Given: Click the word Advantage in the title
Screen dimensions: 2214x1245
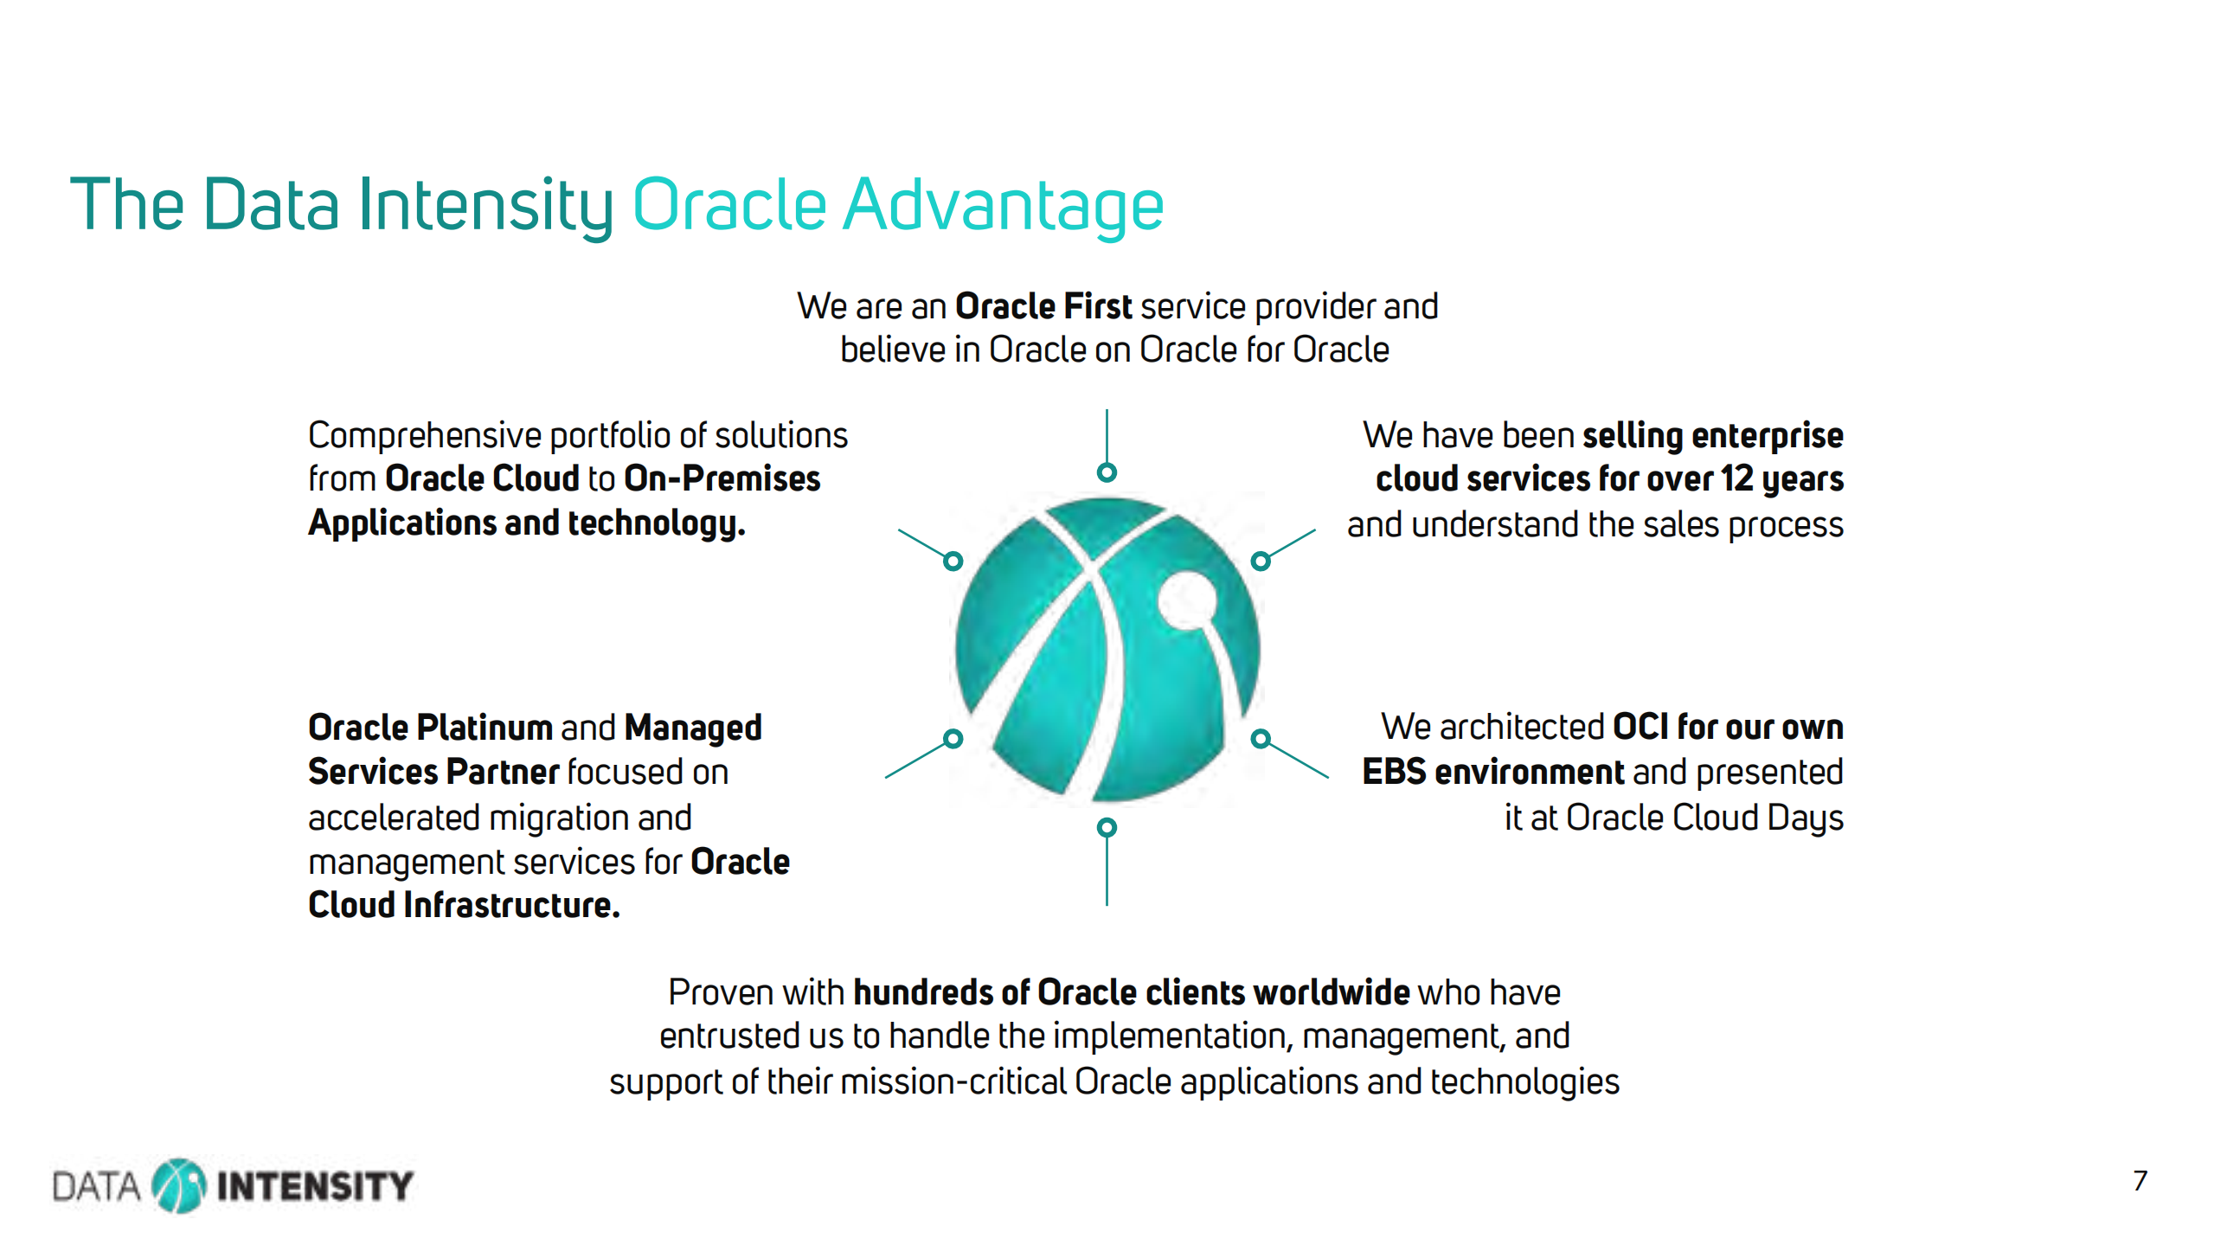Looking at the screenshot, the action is pyautogui.click(x=1003, y=206).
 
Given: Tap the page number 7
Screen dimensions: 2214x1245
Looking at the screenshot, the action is pyautogui.click(x=2140, y=1180).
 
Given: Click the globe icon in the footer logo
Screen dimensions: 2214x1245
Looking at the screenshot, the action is pyautogui.click(x=179, y=1185).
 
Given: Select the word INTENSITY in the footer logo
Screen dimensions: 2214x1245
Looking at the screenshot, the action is pyautogui.click(x=315, y=1186).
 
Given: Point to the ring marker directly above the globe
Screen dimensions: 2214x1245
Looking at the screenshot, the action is pyautogui.click(x=1107, y=472).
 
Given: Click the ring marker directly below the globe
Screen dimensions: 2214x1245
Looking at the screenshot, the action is pyautogui.click(x=1107, y=828).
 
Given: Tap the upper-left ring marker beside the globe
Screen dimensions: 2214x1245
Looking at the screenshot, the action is pyautogui.click(x=953, y=562).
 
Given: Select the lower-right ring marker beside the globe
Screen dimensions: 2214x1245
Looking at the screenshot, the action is pyautogui.click(x=1261, y=739).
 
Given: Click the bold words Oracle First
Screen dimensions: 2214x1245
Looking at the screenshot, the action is pyautogui.click(x=1043, y=306).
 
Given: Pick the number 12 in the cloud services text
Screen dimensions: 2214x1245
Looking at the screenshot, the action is pyautogui.click(x=1736, y=478).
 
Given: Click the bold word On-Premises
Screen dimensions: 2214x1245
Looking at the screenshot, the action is pyautogui.click(x=722, y=478).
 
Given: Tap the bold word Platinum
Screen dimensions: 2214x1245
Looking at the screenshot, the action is pyautogui.click(x=485, y=728).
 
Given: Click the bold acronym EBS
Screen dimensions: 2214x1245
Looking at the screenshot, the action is pyautogui.click(x=1395, y=772).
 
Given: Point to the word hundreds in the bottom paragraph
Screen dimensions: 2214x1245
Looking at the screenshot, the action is pyautogui.click(x=923, y=992).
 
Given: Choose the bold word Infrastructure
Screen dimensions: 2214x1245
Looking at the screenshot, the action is pyautogui.click(x=512, y=905).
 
